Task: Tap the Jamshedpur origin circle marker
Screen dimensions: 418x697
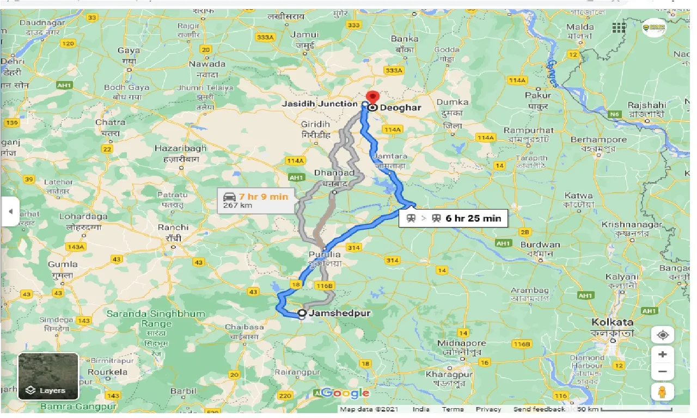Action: tap(302, 313)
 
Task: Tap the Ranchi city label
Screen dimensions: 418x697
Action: tap(173, 228)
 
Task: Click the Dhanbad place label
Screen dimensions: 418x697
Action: tap(334, 173)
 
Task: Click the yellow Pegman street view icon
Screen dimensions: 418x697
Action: tap(663, 391)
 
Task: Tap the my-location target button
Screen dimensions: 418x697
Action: tap(663, 335)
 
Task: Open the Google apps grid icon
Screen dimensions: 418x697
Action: tap(619, 28)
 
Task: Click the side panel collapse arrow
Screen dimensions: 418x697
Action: tap(10, 211)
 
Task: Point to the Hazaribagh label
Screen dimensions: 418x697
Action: tap(181, 148)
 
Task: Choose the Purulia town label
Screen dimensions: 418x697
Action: tap(325, 254)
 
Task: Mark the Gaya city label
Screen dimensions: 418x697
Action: tap(129, 51)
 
